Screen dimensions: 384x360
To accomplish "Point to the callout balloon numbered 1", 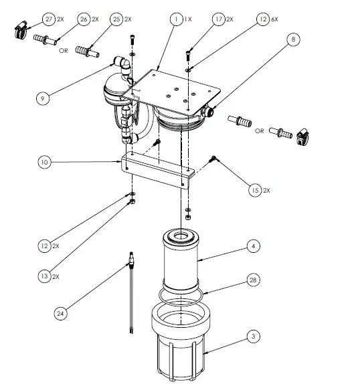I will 176,20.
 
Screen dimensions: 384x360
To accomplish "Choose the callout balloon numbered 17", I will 218,20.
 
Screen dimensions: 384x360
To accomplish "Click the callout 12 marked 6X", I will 261,20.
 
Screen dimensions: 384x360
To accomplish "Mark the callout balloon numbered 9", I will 43,98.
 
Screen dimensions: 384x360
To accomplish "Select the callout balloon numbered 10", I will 43,162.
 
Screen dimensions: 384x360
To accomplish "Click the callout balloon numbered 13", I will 43,276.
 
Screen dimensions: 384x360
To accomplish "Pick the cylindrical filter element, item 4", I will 181,264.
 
